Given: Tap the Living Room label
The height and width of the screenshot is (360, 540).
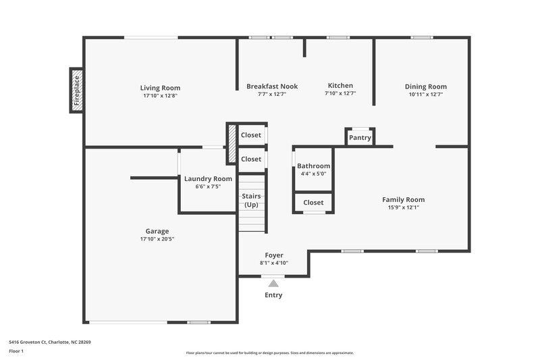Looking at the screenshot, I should coord(160,88).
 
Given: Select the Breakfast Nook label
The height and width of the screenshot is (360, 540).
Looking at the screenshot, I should coord(271,86).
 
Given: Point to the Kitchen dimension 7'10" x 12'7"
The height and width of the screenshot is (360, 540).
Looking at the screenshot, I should coord(340,94).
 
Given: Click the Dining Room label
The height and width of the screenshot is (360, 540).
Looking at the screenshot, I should coord(425,86).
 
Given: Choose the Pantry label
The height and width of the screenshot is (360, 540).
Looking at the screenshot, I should coord(360,138).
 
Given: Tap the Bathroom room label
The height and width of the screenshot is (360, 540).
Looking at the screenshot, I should coord(313,166).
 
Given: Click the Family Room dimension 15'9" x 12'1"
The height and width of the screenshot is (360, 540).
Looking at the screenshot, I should coord(403,207).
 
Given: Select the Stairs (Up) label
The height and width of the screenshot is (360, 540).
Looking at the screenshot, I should coord(251,200).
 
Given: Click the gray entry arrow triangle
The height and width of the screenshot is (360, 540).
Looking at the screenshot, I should coord(273,284).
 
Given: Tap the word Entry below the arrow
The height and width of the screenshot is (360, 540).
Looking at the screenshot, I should coord(273,295).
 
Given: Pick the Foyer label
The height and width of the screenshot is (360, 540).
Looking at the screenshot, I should coord(273,255).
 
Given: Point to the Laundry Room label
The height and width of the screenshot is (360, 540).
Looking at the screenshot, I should coord(208,178).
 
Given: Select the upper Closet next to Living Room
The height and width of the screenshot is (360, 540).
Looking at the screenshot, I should coord(251,135).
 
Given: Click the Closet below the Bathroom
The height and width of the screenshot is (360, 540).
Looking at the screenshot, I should coord(313,203).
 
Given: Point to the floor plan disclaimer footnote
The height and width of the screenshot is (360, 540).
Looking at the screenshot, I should coord(269,353).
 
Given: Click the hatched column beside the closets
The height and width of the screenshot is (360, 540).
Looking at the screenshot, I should coord(232,144).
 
